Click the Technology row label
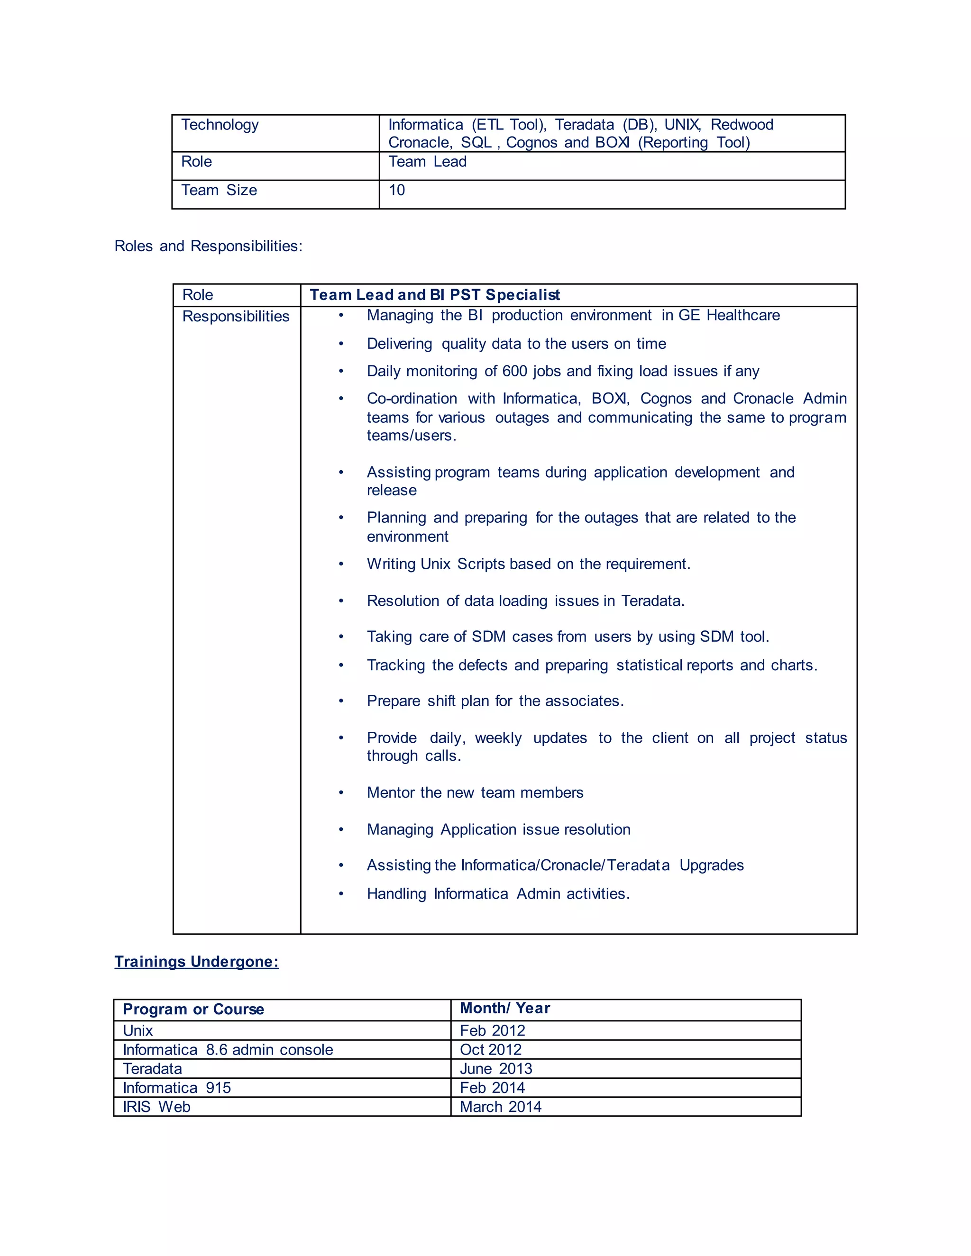220,125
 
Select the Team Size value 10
396,191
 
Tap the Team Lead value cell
427,162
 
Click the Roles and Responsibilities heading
208,246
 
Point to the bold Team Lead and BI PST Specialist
434,295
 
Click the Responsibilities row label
235,316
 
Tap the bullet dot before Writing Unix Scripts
340,564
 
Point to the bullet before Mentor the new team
340,793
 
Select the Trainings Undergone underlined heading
196,962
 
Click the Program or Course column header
193,1009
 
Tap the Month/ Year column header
504,1008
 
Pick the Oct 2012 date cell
490,1049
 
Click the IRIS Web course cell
156,1107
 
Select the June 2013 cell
495,1068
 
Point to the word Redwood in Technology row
742,125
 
